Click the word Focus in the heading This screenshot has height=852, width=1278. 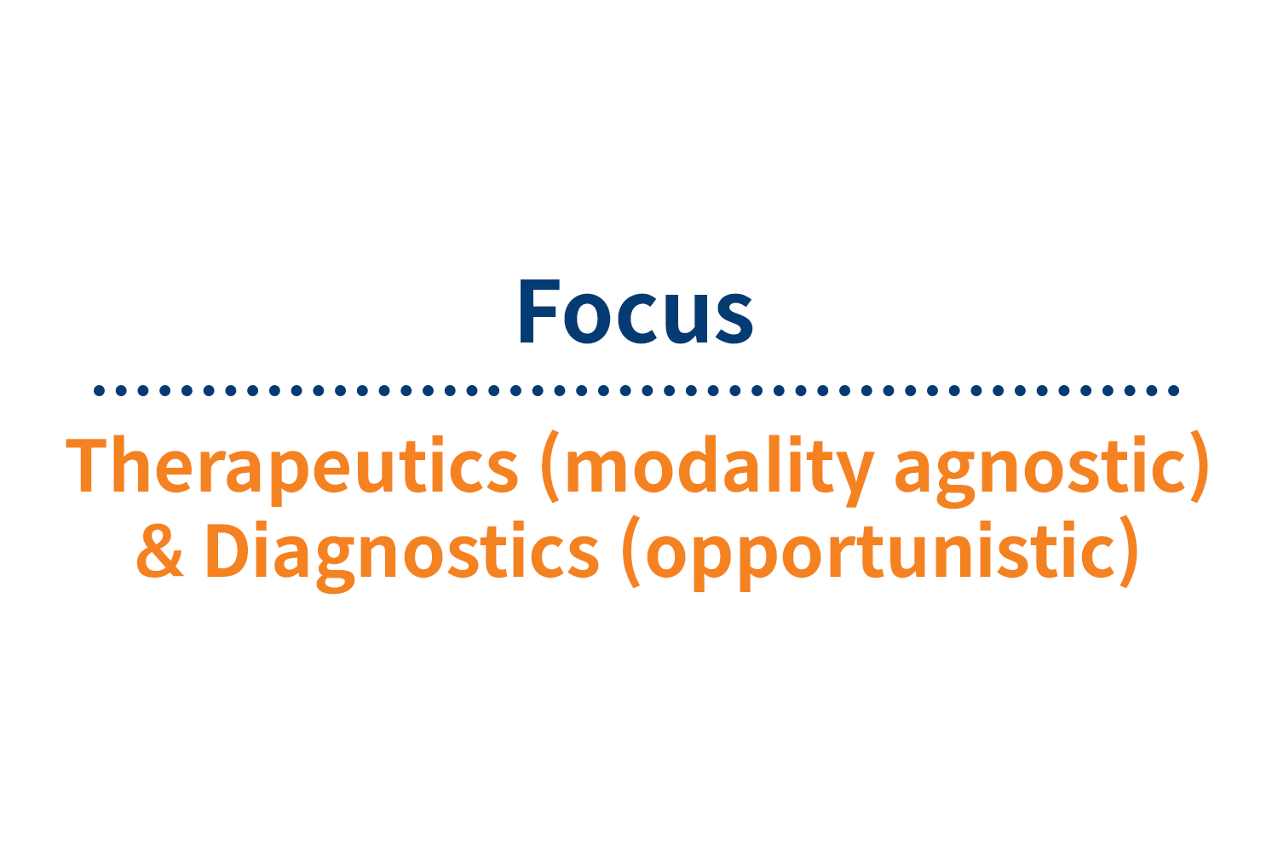coord(636,312)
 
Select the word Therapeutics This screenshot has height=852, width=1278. coord(292,467)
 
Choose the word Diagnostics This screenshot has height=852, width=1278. coord(401,552)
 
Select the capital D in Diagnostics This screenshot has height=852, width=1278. coord(224,550)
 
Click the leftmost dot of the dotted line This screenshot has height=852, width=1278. coord(99,391)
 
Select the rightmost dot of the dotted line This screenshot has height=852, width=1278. coord(1174,391)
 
